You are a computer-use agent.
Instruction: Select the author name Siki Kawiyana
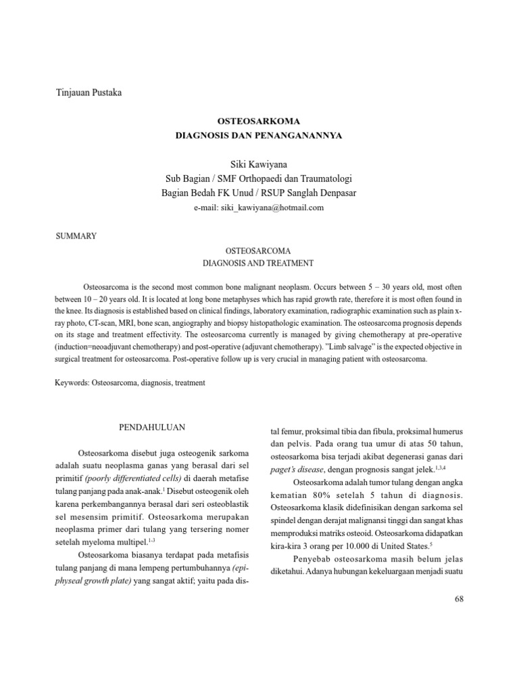(259, 164)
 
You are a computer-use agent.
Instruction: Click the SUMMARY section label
(76, 236)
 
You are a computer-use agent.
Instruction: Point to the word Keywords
(70, 382)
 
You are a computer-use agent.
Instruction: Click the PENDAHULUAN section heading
(153, 428)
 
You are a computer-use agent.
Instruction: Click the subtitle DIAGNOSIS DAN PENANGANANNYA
(259, 135)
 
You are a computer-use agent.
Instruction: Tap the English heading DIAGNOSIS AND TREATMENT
(259, 262)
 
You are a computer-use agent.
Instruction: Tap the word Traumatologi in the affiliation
(320, 178)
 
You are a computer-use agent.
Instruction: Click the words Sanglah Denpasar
(325, 193)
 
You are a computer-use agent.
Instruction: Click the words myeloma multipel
(113, 541)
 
